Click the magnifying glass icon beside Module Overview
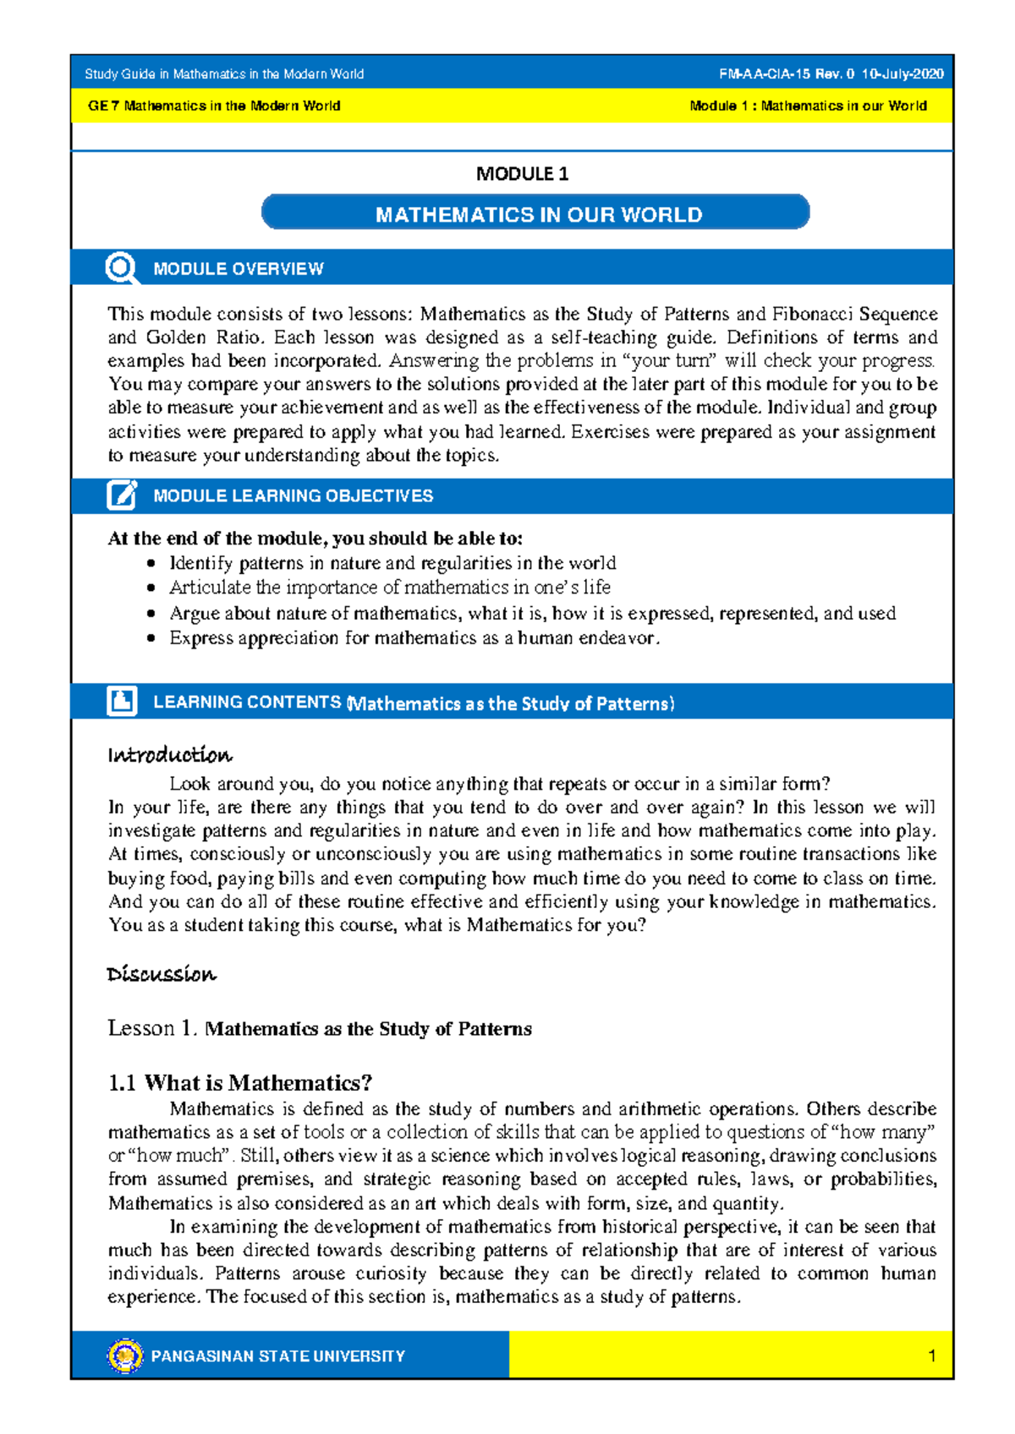122,268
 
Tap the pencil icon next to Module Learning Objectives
122,495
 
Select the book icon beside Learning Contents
122,701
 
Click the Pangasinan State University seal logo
125,1355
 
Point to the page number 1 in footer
931,1356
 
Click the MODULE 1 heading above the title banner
522,174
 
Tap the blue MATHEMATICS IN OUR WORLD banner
536,213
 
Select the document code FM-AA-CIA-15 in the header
773,74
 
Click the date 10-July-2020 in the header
903,74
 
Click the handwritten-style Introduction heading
170,754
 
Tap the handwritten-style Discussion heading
162,974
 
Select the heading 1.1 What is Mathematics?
240,1082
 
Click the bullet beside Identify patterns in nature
151,563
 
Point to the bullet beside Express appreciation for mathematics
151,638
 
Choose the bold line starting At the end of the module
315,539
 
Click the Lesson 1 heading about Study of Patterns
320,1028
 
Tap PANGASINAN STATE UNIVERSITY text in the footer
277,1356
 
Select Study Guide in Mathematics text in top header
224,74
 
